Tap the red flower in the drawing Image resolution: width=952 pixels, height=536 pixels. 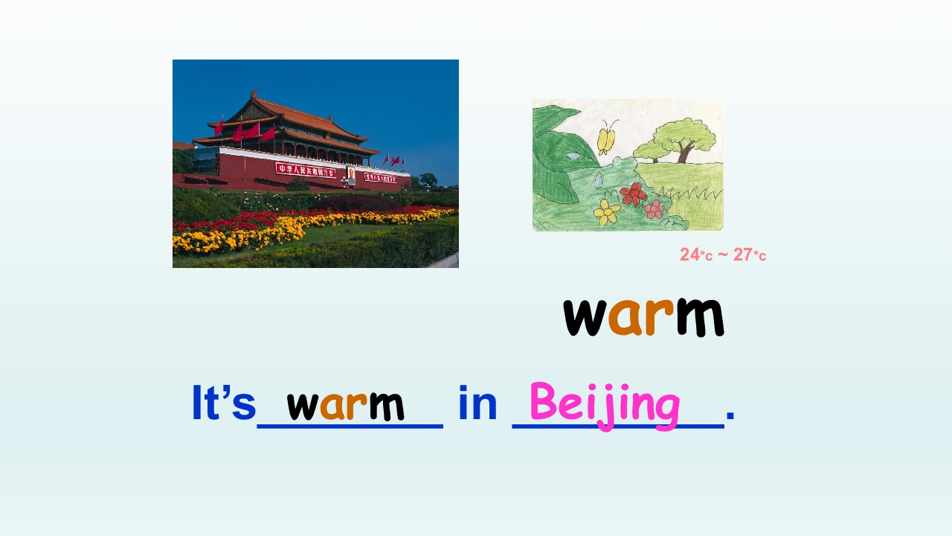634,194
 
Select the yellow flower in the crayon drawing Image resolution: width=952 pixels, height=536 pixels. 607,213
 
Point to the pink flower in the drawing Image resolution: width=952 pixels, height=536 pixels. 654,208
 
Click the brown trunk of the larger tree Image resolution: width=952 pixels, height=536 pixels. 684,152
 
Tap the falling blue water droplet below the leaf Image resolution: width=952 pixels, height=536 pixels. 597,179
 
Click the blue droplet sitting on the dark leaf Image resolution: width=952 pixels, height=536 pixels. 572,156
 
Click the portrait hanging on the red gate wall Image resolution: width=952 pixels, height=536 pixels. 351,173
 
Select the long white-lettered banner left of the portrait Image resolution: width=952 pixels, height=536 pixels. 305,170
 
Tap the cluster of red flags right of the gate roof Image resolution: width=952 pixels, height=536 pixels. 393,160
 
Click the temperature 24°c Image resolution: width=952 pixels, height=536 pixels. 696,255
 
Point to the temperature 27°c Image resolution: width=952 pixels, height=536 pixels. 750,255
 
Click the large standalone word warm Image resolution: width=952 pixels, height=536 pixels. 643,314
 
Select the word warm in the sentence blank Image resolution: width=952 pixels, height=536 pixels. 345,404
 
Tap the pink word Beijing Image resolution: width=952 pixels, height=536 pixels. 605,404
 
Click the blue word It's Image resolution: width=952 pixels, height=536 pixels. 223,403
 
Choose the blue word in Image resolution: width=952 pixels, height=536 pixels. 477,403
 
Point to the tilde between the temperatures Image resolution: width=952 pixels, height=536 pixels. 722,254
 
